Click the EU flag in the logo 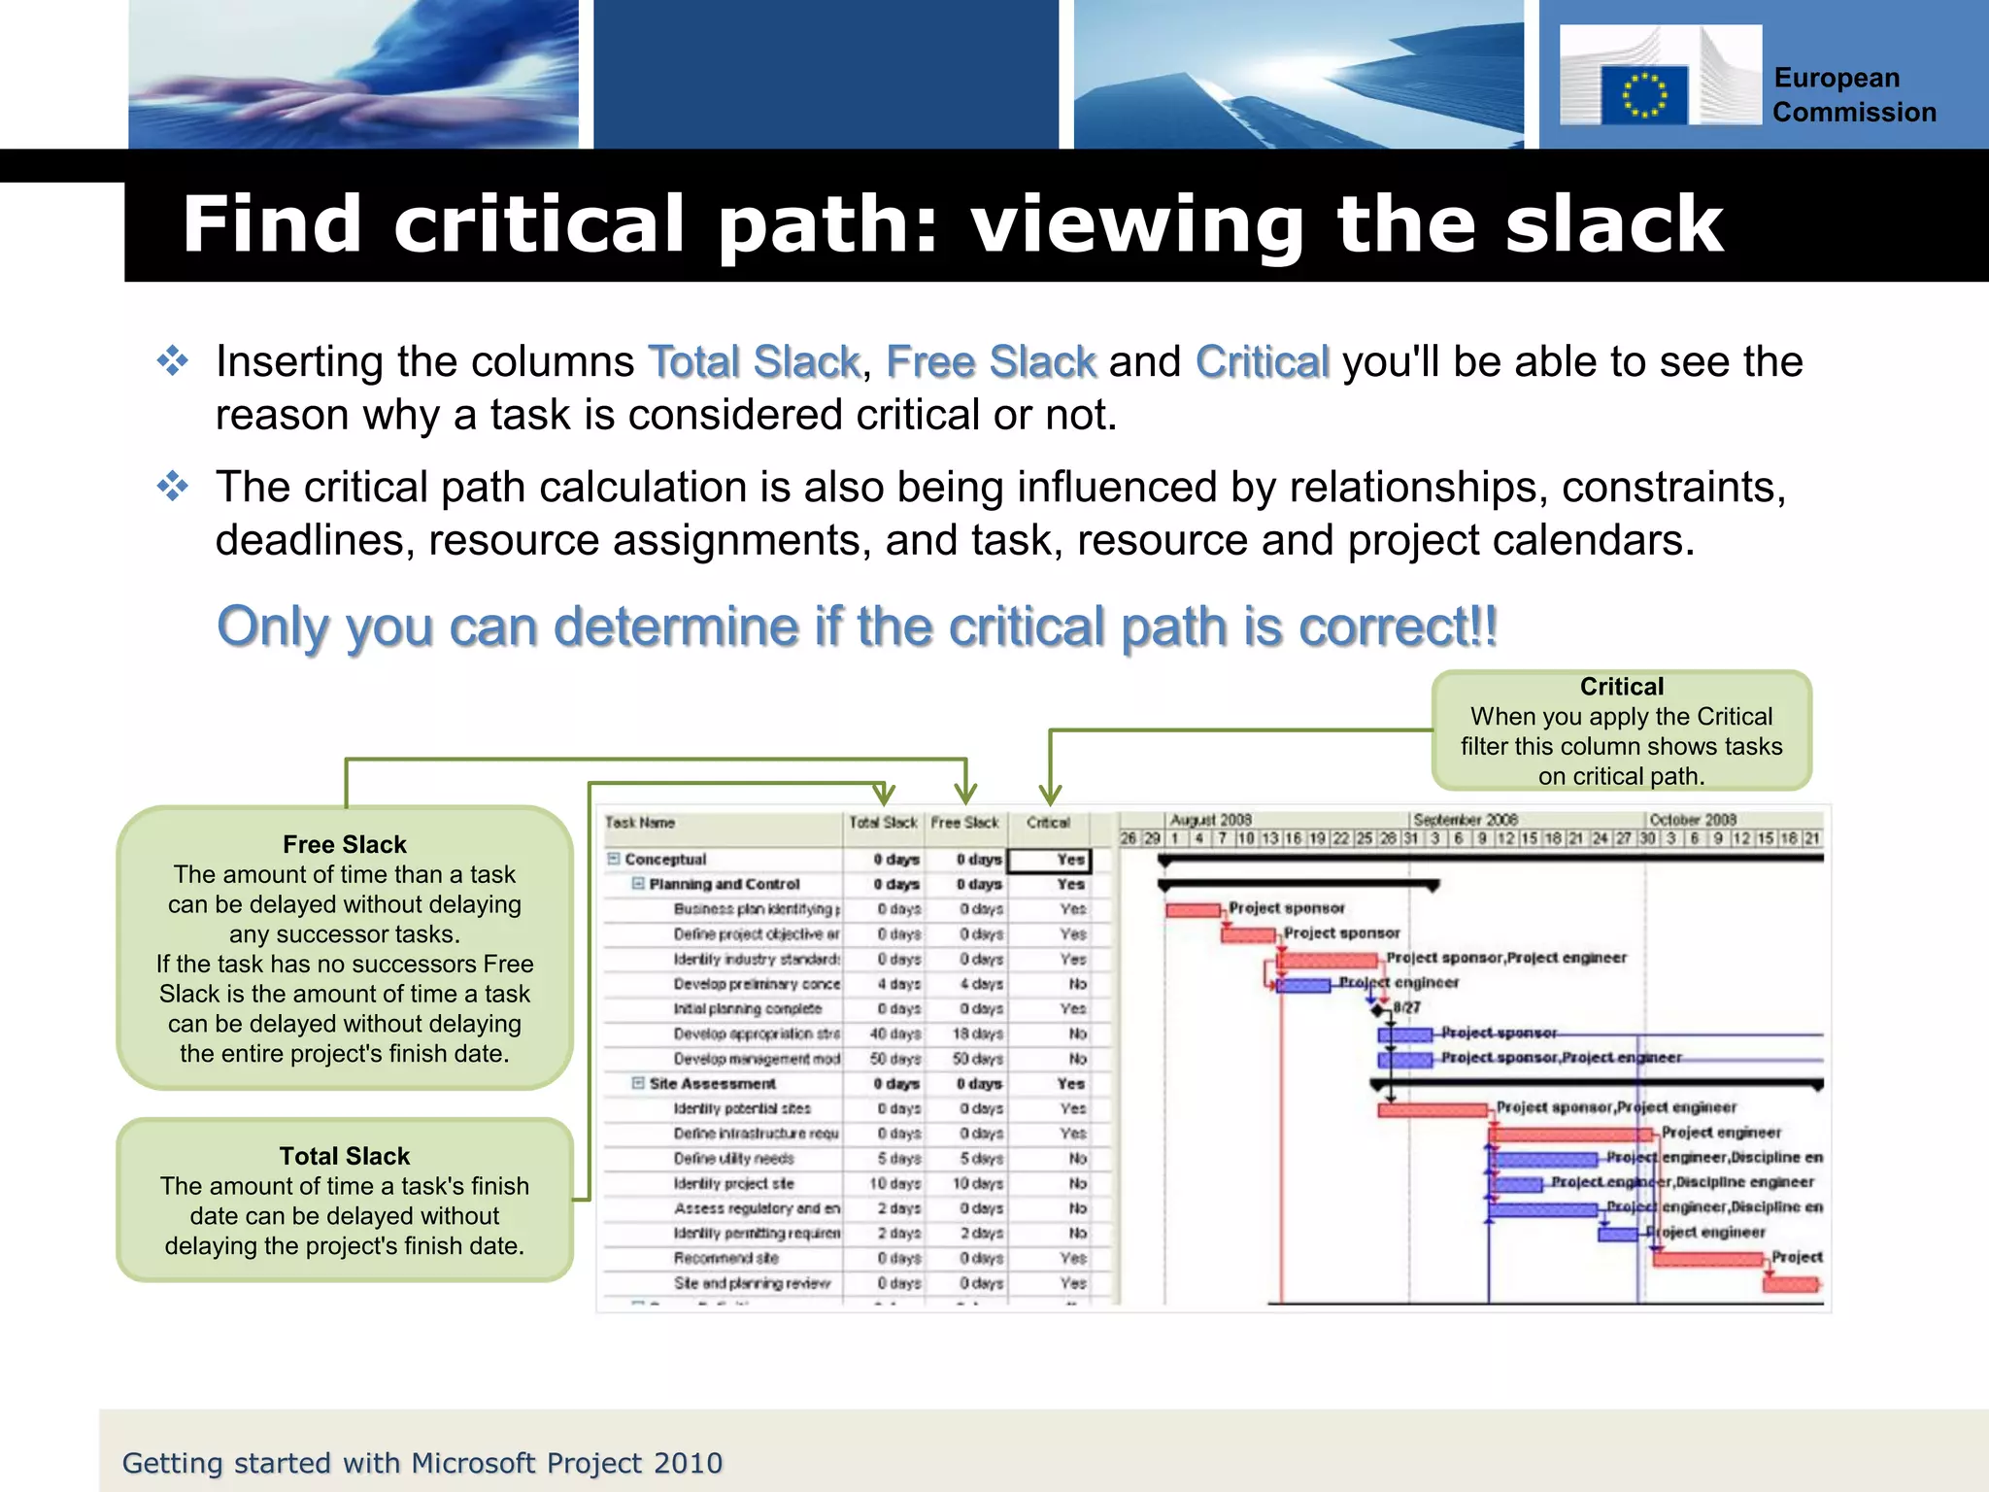tap(1643, 95)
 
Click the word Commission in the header tap(1854, 113)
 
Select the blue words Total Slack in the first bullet tap(754, 362)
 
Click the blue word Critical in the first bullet tap(1261, 362)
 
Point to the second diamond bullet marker tap(173, 486)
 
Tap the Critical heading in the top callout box tap(1621, 687)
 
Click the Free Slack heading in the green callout tap(344, 844)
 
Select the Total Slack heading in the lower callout tap(344, 1156)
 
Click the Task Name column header tap(640, 823)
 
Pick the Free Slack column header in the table tap(964, 823)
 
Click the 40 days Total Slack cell tap(894, 1034)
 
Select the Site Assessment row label tap(712, 1084)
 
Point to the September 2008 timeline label tap(1465, 820)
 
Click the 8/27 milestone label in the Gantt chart tap(1406, 1007)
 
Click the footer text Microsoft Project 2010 tap(567, 1463)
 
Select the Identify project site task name tap(733, 1184)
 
